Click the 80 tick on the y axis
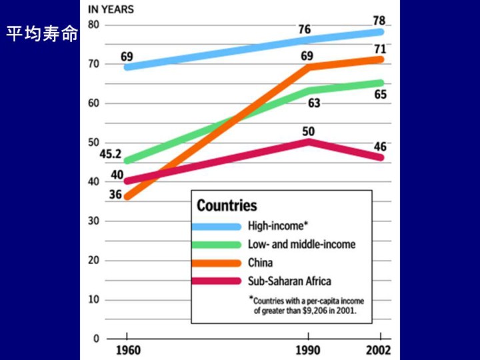93,25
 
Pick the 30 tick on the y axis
93,221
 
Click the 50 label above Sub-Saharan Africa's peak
309,131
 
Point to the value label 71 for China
380,49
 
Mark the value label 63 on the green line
314,103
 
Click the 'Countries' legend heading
226,205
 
